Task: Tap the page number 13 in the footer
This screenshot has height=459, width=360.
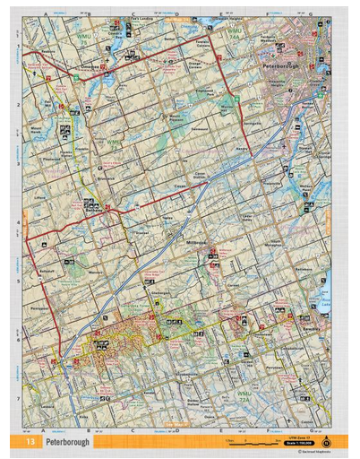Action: tap(30, 442)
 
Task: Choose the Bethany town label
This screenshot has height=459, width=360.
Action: tap(47, 270)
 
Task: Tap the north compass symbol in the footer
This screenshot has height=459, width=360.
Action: tap(325, 441)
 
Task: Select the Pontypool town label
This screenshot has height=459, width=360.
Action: tap(39, 307)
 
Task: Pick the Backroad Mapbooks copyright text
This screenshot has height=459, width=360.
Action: tap(308, 453)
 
